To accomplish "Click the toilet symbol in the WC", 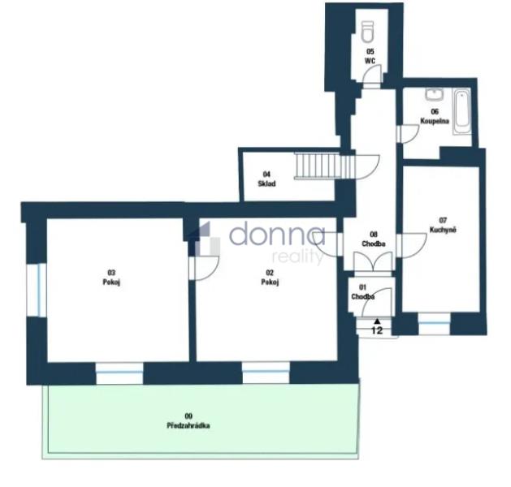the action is pos(367,32).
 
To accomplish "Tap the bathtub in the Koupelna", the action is pos(461,112).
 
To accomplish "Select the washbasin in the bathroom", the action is pos(434,95).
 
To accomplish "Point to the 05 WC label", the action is pos(370,56).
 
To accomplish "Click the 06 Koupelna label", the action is pos(435,116).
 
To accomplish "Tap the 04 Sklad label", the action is pos(266,179).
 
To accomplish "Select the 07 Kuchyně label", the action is pos(443,226).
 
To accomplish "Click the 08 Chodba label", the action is pos(374,239).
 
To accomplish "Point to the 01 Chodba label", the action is pos(362,292).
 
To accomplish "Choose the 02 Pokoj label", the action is pos(270,278).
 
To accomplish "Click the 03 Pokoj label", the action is pos(111,278).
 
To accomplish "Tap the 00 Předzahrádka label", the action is pos(188,420).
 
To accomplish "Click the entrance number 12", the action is pos(377,330).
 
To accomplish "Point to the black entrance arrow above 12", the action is pos(377,321).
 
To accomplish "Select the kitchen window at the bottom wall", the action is pos(434,324).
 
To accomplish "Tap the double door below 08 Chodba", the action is pos(373,262).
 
